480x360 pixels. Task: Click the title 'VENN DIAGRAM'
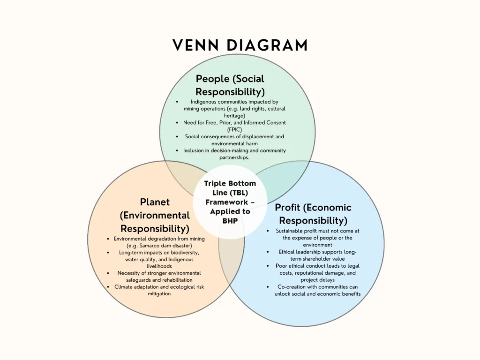pos(240,45)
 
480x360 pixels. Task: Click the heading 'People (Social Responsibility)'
pos(230,85)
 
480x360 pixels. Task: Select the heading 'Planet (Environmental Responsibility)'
pos(155,215)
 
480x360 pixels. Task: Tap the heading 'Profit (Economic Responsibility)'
pos(313,214)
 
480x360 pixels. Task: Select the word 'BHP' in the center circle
pos(230,221)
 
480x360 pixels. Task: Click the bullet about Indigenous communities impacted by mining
pos(234,108)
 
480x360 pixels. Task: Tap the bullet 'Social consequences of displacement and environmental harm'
pos(234,140)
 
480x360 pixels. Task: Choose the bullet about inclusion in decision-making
pos(234,154)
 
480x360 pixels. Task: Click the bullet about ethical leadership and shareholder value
pos(317,255)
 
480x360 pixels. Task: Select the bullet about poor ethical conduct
pos(317,273)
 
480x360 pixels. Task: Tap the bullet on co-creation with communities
pos(317,290)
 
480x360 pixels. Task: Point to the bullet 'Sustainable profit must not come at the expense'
pos(317,238)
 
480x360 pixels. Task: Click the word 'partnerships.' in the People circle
pos(234,157)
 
